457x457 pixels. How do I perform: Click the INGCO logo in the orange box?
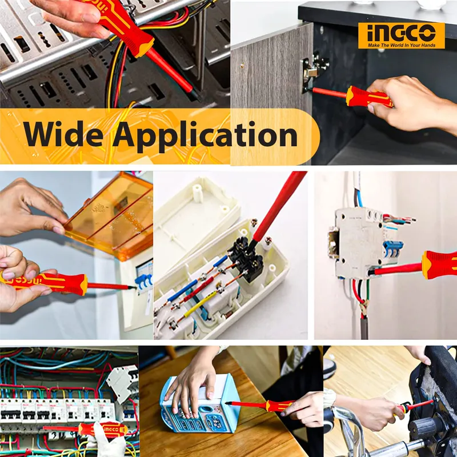pos(402,33)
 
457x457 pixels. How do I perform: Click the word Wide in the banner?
pos(63,134)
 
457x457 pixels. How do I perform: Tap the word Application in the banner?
pos(205,137)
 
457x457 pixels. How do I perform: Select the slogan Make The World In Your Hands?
pos(402,45)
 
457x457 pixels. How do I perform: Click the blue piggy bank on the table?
pos(201,404)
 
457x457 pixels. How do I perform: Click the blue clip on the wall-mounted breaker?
pos(392,249)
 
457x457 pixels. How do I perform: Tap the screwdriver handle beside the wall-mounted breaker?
pos(439,264)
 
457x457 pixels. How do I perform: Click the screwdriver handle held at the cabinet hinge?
pos(368,97)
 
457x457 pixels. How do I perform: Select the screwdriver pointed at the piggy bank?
pos(259,405)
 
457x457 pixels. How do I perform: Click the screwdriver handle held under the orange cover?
pos(44,282)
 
